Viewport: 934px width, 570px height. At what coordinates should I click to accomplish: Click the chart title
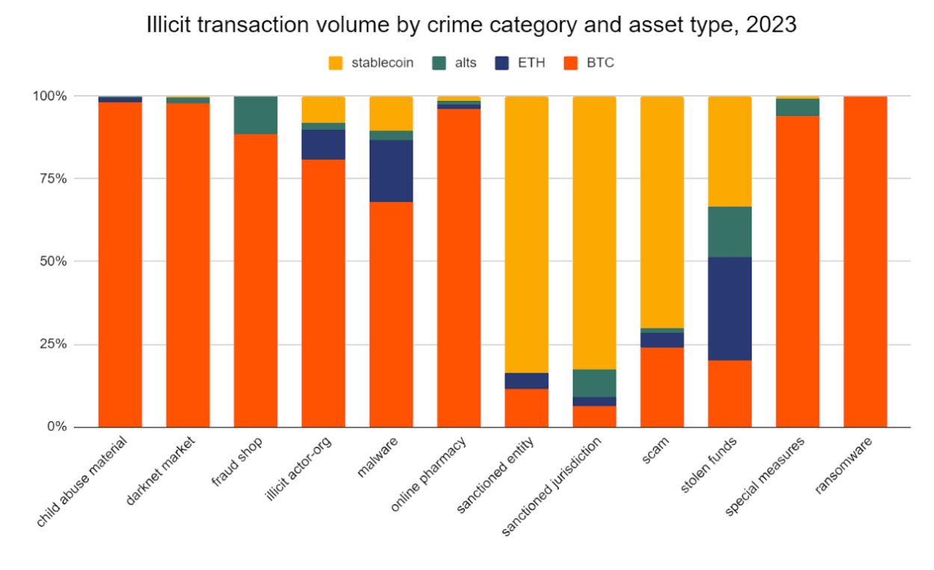tap(471, 25)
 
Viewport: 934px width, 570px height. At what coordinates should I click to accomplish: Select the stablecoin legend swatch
tap(335, 63)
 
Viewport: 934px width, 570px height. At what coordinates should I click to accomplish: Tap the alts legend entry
tap(454, 63)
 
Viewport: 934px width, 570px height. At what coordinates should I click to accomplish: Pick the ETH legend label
tap(531, 63)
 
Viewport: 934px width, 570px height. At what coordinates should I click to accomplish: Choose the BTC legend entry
tap(589, 63)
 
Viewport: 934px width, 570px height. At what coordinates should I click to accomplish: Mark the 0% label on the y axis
tap(57, 427)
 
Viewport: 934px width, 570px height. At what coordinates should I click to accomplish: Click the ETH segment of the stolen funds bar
tap(730, 309)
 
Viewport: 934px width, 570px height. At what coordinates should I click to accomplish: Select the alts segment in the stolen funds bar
tap(730, 232)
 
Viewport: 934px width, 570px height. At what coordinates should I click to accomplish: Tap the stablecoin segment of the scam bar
tap(662, 212)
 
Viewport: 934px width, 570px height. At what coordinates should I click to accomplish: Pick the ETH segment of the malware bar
tap(391, 171)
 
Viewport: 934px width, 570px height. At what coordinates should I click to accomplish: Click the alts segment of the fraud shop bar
tap(256, 115)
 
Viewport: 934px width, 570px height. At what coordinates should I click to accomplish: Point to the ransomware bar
tap(865, 262)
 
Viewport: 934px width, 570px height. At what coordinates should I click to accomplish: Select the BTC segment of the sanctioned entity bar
tap(527, 408)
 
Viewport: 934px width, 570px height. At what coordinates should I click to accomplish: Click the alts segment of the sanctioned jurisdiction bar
tap(594, 383)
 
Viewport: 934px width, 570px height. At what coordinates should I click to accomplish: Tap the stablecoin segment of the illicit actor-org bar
tap(324, 110)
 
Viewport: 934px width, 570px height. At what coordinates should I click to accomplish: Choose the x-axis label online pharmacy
tap(429, 474)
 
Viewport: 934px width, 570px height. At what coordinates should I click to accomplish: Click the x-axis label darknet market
tap(160, 471)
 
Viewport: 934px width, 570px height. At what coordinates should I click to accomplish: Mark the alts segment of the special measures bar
tap(798, 107)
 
